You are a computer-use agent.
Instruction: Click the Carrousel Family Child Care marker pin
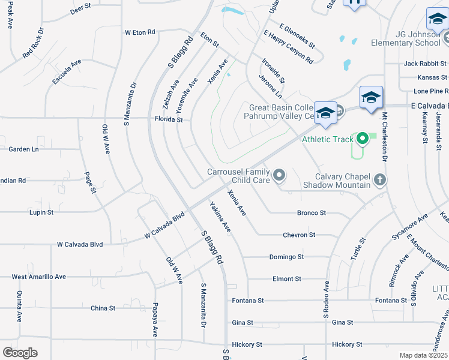point(279,175)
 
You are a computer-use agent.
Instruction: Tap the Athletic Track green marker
point(362,139)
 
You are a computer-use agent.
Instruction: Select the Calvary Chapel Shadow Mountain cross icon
point(379,179)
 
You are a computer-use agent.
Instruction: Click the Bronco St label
point(311,212)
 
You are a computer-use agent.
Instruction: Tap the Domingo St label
point(286,257)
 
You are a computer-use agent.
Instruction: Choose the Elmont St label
point(286,279)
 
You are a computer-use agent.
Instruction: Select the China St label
point(103,308)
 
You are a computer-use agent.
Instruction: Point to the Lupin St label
point(41,212)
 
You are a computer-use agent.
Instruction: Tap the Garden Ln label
point(23,149)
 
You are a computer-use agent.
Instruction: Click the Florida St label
point(170,120)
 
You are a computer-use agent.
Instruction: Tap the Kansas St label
point(433,77)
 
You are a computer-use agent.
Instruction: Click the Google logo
point(19,353)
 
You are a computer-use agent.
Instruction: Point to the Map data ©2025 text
point(423,355)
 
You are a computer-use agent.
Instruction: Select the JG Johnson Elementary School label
point(413,39)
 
